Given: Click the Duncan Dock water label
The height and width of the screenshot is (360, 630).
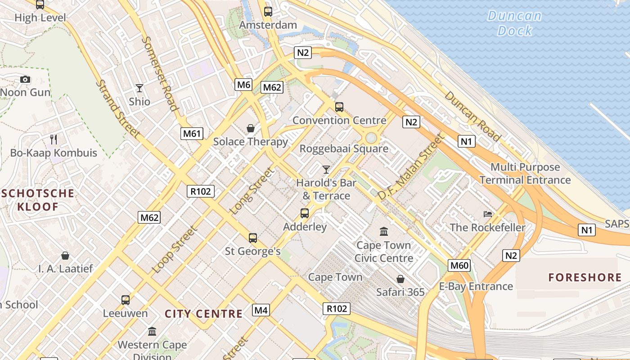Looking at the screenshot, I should point(515,23).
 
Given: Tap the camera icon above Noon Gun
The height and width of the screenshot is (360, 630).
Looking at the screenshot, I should point(25,80).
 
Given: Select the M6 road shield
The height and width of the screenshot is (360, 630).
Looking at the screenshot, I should point(243,84).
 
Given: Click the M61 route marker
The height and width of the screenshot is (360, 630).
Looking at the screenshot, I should point(192,133).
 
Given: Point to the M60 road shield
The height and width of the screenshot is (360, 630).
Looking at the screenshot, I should point(459,265).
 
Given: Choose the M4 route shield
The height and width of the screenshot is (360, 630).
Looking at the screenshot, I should point(261,310).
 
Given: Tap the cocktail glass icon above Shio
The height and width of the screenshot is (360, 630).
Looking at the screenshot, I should point(139,88).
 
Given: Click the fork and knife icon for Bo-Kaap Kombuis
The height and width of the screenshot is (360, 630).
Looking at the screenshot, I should point(54,139).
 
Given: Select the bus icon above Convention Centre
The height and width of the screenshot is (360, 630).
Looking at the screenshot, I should point(339,107).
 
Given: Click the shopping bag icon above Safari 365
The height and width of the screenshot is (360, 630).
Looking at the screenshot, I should point(400,279).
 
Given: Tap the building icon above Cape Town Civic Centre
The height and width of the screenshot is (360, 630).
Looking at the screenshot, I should point(384,232).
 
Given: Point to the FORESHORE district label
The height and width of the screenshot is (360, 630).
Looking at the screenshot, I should point(585,277).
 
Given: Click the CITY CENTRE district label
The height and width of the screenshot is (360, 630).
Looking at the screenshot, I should point(203,314).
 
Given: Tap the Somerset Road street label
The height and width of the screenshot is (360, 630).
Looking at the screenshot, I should point(160,73).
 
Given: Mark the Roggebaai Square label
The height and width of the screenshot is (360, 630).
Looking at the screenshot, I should point(344,148).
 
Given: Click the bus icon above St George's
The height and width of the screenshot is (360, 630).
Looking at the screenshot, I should point(253,238).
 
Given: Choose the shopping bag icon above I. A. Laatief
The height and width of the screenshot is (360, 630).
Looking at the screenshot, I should point(65,256).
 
